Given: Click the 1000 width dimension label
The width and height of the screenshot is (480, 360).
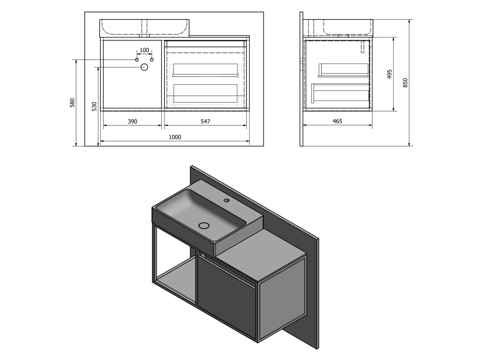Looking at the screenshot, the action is click(x=175, y=137).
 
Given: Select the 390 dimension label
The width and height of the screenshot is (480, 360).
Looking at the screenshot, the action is click(x=132, y=121).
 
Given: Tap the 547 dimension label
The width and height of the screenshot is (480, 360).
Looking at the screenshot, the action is click(x=205, y=121).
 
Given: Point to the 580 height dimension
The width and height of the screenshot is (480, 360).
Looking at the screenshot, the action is click(x=72, y=103).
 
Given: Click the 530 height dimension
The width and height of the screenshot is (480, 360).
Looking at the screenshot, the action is click(x=94, y=106).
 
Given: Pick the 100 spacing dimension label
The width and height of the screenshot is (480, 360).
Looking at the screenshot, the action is click(x=144, y=50).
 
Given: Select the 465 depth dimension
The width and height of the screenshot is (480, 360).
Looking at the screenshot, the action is click(x=337, y=121).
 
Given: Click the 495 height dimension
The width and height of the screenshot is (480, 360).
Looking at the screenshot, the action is click(x=390, y=74).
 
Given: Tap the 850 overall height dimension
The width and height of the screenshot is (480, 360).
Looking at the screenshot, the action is click(x=405, y=83).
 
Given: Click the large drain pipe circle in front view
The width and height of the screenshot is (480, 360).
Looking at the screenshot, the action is click(x=144, y=67).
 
